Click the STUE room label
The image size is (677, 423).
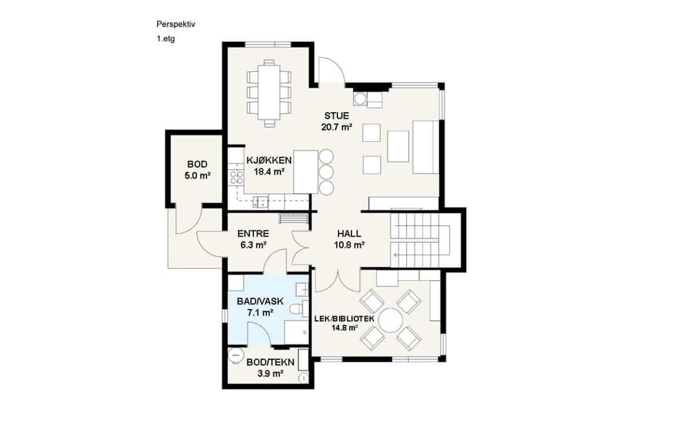tap(337, 116)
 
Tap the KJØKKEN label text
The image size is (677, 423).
tap(269, 160)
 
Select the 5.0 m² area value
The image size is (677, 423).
tap(197, 176)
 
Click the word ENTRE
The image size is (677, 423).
tap(253, 234)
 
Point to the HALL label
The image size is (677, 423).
tap(349, 234)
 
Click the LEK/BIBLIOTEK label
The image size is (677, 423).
tap(344, 319)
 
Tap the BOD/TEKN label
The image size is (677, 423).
tap(270, 362)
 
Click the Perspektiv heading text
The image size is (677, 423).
tap(176, 24)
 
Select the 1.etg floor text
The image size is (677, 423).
tap(165, 39)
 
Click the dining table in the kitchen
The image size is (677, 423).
tap(269, 92)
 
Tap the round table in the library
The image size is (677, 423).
tap(390, 320)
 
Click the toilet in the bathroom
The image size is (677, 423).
tap(297, 310)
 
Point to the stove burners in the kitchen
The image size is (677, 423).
tap(236, 177)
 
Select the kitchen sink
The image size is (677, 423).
tap(260, 202)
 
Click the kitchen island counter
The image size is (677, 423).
tap(306, 172)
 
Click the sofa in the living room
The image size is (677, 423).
tap(425, 147)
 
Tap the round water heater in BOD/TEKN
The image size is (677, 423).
tap(236, 355)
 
